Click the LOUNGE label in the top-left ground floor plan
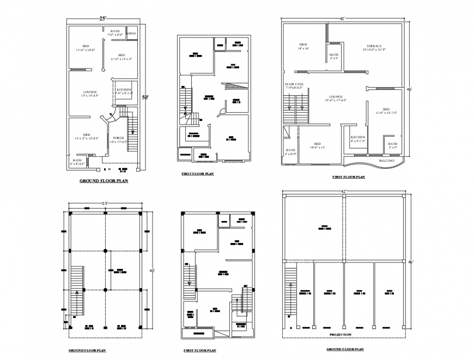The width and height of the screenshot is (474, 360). point(90,92)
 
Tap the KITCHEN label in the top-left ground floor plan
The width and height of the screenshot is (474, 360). point(123,89)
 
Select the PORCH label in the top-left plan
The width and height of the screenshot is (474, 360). point(118,138)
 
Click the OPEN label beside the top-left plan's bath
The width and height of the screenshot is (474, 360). point(131,34)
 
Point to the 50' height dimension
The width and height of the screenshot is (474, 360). point(145,98)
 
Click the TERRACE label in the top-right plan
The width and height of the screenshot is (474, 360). point(374,46)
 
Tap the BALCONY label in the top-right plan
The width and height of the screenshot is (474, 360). point(387,161)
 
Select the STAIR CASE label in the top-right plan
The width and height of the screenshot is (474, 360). point(294,84)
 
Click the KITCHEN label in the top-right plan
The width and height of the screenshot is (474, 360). point(357,137)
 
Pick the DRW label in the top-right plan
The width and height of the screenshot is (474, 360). point(303,45)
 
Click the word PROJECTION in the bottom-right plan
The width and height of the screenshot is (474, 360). point(341,334)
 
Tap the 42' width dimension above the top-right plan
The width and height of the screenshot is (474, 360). point(342,19)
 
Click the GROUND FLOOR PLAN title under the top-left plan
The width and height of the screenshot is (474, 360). point(104,181)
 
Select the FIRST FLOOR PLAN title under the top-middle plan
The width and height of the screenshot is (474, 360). point(197,174)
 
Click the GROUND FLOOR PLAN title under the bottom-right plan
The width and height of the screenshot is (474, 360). point(345,349)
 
